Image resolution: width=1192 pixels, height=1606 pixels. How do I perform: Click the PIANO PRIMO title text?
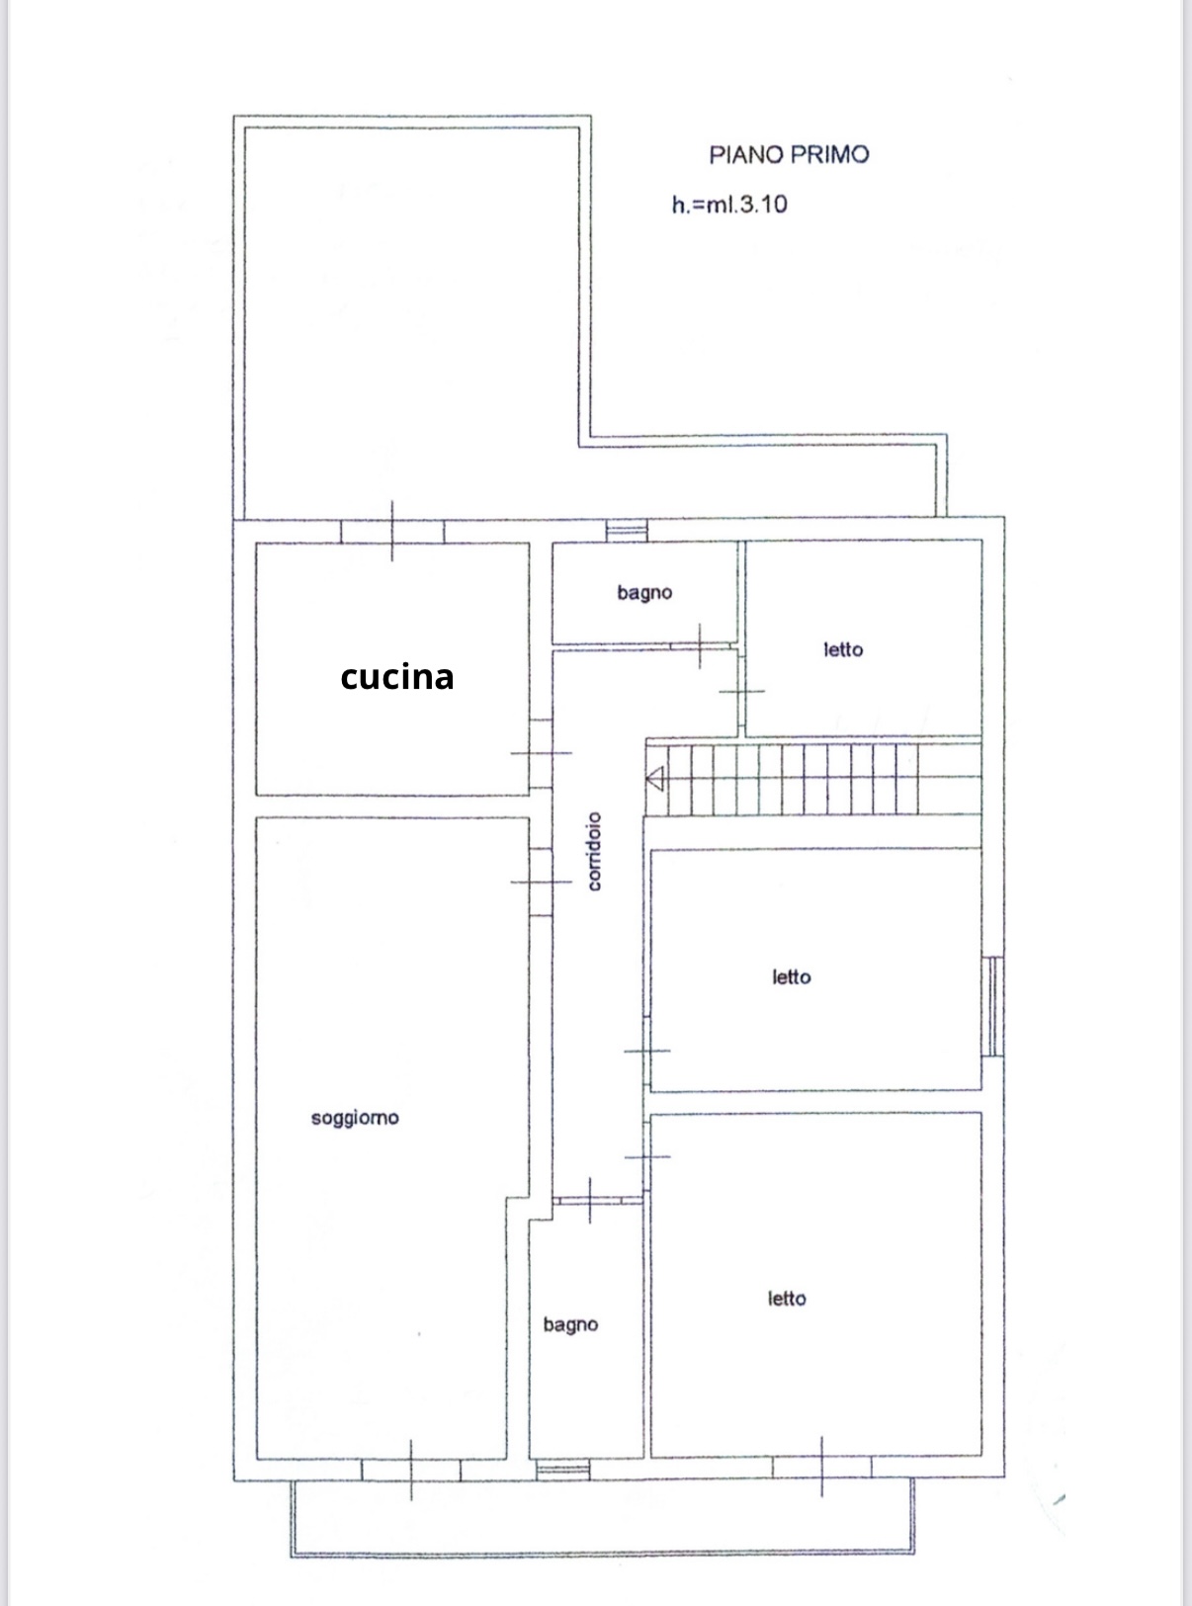(x=789, y=155)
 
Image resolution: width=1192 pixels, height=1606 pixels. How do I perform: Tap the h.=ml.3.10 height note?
(x=729, y=205)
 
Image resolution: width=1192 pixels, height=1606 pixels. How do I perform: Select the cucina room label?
(x=397, y=677)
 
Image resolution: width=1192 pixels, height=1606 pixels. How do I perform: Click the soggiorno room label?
(x=355, y=1119)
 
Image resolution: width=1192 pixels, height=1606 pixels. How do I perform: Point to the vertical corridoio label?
(x=594, y=852)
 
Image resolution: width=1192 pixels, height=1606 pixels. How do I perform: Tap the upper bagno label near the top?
(x=644, y=593)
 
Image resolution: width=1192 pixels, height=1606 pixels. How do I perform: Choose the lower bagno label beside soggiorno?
(x=570, y=1325)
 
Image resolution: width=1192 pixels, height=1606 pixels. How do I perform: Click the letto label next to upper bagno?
(x=843, y=649)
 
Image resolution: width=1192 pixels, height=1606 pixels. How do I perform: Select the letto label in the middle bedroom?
(x=791, y=977)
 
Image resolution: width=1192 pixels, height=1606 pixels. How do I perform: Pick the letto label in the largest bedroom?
(x=787, y=1299)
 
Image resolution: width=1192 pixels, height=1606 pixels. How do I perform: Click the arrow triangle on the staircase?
(x=654, y=779)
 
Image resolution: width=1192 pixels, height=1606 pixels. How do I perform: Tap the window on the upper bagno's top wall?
(x=627, y=531)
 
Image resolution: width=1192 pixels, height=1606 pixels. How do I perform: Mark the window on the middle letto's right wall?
(x=993, y=1006)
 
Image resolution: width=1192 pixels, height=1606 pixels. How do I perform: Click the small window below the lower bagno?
(x=562, y=1470)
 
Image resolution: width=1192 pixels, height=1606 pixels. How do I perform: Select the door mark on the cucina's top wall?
(x=392, y=531)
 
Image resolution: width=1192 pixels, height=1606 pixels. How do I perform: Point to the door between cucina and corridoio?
(x=541, y=754)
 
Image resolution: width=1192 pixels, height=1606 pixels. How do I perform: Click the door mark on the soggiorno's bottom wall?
(x=410, y=1470)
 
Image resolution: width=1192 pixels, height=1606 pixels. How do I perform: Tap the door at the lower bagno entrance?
(x=589, y=1201)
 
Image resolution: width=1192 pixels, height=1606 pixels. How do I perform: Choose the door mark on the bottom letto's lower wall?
(x=821, y=1467)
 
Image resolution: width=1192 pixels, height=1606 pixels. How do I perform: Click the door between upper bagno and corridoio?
(x=700, y=646)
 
